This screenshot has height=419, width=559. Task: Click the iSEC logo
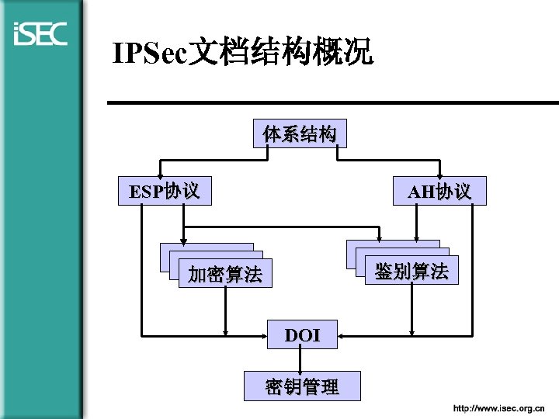coord(40,34)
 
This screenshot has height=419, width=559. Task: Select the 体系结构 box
coord(300,134)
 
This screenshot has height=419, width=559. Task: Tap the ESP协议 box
coord(164,191)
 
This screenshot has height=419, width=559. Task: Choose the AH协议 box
coord(439,191)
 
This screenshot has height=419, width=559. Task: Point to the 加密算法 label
coord(225,275)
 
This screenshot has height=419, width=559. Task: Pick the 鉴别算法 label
coord(411,272)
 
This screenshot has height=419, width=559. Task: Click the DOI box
coord(302,335)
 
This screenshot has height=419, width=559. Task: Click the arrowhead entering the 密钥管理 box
coord(302,367)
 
